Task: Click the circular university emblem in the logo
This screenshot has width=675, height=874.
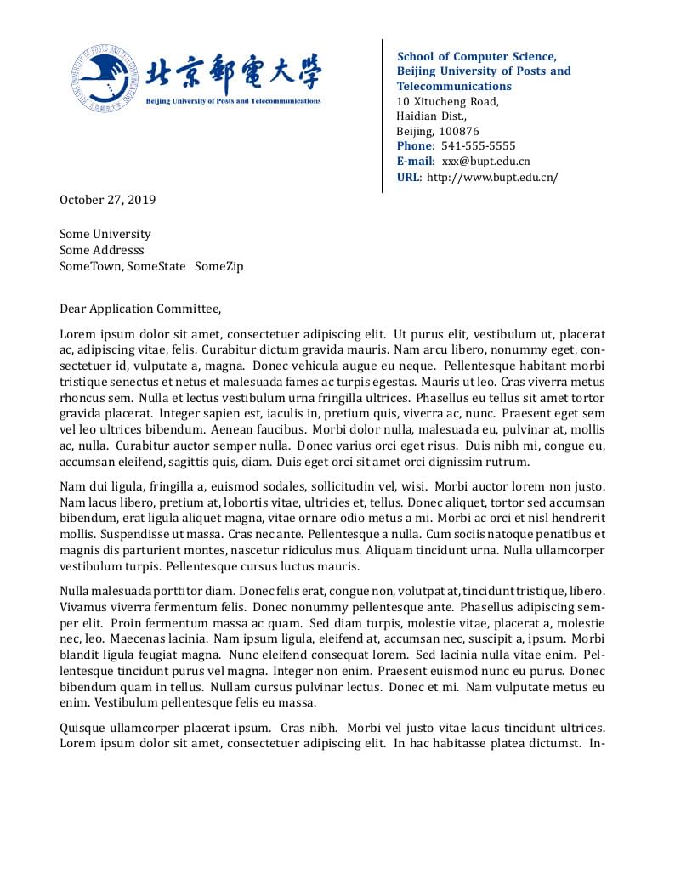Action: (x=104, y=77)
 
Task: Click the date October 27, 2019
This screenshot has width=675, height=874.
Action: (x=107, y=201)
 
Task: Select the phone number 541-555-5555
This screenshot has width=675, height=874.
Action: (x=478, y=146)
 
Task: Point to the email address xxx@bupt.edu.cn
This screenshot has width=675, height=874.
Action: (x=485, y=162)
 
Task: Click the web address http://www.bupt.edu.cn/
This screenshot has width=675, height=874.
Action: (x=492, y=178)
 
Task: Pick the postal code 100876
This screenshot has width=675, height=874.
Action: (x=459, y=132)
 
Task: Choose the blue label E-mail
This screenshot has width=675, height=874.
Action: (x=416, y=162)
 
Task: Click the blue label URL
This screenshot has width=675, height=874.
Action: (x=408, y=178)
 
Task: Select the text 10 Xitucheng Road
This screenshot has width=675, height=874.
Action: (x=447, y=102)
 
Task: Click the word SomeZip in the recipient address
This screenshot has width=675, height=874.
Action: (x=218, y=266)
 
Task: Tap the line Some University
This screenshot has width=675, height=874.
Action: (x=105, y=234)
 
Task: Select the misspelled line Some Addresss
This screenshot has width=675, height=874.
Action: (x=101, y=250)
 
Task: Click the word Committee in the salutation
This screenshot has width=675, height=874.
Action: (x=190, y=309)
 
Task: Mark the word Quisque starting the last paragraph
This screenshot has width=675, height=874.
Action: (x=82, y=728)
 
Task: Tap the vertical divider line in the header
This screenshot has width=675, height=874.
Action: (x=382, y=115)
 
